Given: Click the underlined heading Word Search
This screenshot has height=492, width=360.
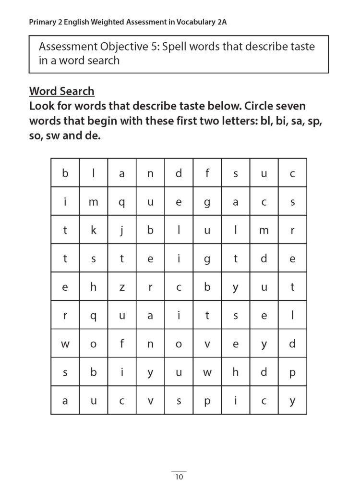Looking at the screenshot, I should (x=61, y=91).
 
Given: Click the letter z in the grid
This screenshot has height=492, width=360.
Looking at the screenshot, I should (x=121, y=287).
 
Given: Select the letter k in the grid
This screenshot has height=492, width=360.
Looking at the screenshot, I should (x=93, y=231).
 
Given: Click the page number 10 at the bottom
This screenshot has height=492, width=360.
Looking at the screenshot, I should (x=179, y=477).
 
